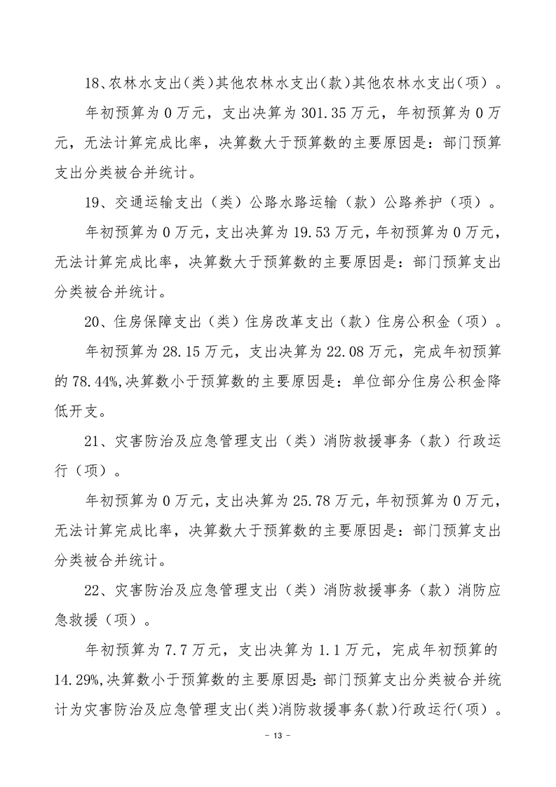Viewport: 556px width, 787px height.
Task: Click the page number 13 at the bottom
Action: coord(278,736)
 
